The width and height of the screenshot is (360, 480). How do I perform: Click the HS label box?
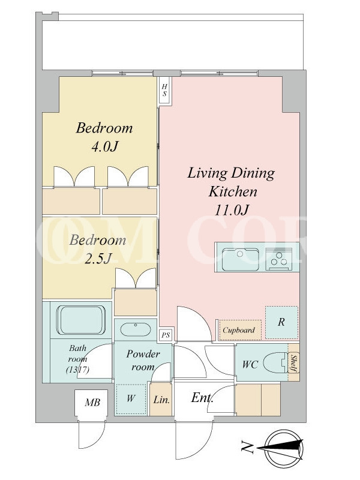click(x=164, y=91)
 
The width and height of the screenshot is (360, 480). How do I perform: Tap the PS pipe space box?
click(x=166, y=335)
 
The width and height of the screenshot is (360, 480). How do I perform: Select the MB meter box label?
click(x=92, y=402)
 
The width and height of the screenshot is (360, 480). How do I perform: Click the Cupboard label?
click(x=239, y=330)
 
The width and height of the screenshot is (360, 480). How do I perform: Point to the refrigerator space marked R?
click(x=281, y=322)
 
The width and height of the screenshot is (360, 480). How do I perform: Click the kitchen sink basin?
click(x=241, y=259)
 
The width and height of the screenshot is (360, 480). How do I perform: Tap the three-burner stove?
click(x=278, y=259)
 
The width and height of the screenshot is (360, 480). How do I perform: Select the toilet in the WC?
click(x=276, y=364)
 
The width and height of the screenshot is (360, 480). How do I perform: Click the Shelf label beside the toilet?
click(x=294, y=364)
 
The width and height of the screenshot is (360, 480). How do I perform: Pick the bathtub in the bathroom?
click(x=82, y=320)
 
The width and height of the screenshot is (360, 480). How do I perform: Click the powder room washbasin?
click(x=136, y=329)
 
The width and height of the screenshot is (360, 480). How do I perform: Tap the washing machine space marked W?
click(x=131, y=399)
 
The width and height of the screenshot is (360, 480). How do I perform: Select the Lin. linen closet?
click(x=161, y=399)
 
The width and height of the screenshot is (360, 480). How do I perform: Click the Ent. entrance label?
click(x=202, y=398)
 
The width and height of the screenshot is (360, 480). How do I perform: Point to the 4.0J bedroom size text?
click(x=104, y=147)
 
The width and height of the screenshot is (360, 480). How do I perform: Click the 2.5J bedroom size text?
click(x=98, y=259)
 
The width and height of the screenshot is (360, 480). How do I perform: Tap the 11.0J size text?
click(x=232, y=211)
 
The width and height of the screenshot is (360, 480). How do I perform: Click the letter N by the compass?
click(x=247, y=447)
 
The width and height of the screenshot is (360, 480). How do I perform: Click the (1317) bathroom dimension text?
click(x=78, y=370)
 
